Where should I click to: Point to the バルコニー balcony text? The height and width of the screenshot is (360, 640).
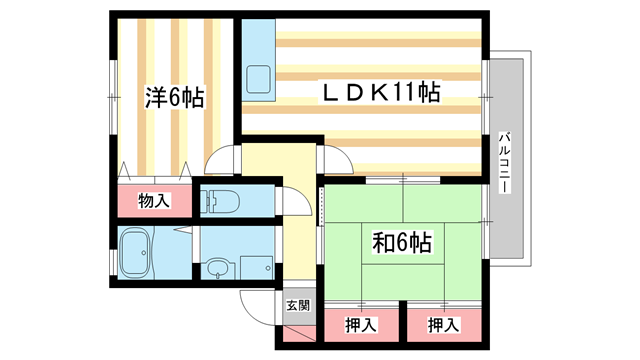tap(506, 160)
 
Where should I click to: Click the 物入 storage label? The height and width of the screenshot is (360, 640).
tap(155, 201)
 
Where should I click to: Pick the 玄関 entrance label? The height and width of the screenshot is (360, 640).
tap(297, 305)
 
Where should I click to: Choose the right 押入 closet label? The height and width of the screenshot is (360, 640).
tap(444, 325)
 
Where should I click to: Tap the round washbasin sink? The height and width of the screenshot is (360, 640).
tap(218, 268)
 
